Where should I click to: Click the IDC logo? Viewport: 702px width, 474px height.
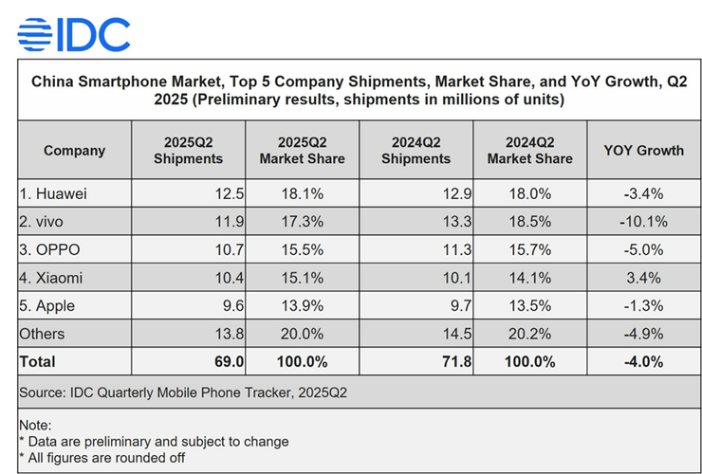coord(74,34)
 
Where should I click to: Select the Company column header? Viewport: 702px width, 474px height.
coord(74,151)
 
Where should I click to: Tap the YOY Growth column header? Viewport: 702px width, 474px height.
coord(643,151)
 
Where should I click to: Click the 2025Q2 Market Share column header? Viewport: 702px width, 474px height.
coord(302,151)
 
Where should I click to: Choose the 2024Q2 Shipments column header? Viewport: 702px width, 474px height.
coord(416,151)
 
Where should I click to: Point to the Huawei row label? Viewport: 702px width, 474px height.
coord(53,194)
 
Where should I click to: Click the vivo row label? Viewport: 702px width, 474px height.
coord(44,222)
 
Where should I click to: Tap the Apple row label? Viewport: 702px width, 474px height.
coord(47,306)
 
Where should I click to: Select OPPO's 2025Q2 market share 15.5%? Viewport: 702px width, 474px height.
coord(302,250)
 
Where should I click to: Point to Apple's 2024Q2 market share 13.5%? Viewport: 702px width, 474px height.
coord(529,306)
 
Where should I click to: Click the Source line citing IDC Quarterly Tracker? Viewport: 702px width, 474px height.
coord(183,392)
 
